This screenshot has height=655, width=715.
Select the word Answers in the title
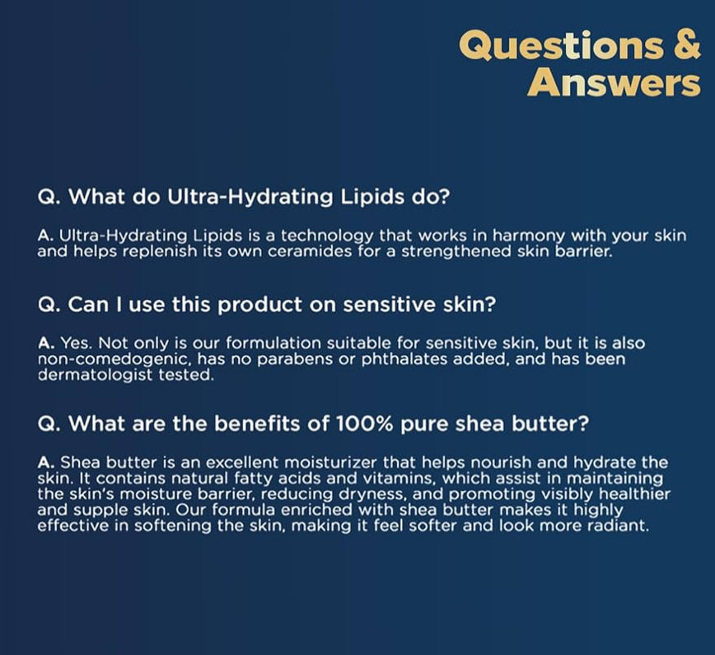(x=614, y=82)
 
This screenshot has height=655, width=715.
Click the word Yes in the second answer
(x=72, y=343)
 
